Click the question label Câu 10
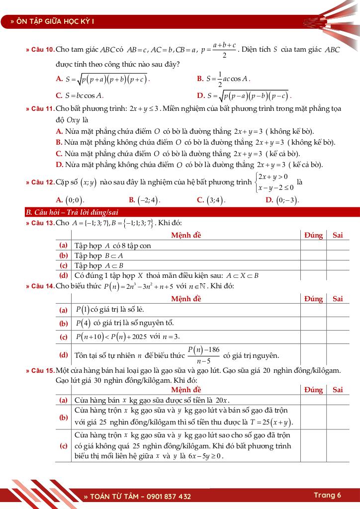pos(42,50)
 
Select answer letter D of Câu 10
pos(201,95)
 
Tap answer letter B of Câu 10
pos(200,79)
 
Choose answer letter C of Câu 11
pos(59,154)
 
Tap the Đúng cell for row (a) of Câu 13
pos(313,246)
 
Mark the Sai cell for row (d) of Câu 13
pos(338,275)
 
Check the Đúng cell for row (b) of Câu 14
pos(313,323)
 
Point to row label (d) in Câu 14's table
pos(64,355)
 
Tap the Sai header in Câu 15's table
pos(338,390)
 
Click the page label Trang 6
pos(327,495)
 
